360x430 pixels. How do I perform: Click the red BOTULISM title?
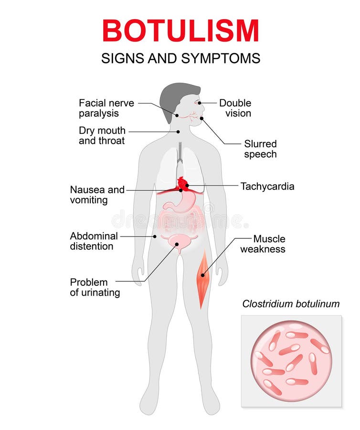click(180, 31)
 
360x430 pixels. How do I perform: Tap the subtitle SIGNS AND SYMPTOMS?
click(180, 58)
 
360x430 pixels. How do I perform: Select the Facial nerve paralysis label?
click(106, 108)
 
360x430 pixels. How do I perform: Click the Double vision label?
click(235, 108)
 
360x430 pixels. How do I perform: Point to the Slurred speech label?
click(260, 149)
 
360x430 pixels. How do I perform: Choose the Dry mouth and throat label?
click(102, 136)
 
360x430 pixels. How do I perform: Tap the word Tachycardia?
click(267, 186)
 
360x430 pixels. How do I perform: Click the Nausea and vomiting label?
click(97, 195)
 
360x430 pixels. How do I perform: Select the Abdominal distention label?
click(94, 241)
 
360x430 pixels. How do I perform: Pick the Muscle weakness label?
click(263, 244)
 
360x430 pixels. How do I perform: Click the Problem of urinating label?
click(95, 288)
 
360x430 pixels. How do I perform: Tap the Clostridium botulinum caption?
click(291, 304)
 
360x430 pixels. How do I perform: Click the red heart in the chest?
click(183, 183)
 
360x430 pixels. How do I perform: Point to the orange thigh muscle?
click(203, 279)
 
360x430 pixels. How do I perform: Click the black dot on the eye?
click(200, 103)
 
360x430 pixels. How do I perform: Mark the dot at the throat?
click(178, 132)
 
